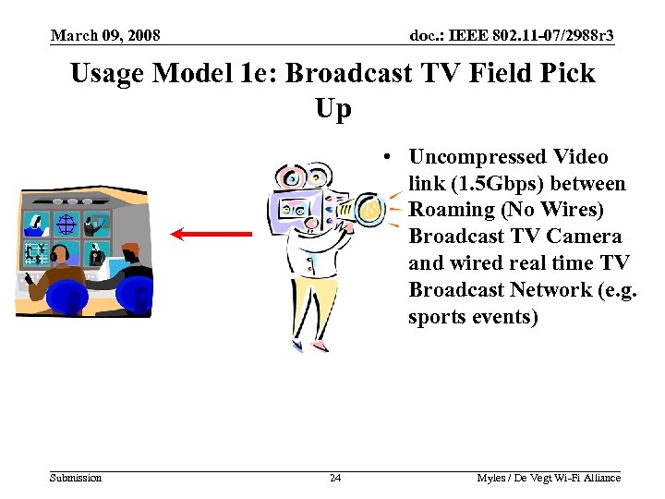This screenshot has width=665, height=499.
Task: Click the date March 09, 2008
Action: coord(105,36)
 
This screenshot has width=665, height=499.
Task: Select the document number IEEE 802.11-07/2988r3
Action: coord(511,36)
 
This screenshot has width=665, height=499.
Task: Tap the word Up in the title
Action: coord(332,109)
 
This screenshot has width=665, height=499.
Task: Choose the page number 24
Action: coord(334,478)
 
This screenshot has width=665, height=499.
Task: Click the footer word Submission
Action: coord(76,478)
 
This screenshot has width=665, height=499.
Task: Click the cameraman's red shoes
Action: coord(308,347)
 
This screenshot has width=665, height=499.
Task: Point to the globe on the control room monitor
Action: coord(65,223)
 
